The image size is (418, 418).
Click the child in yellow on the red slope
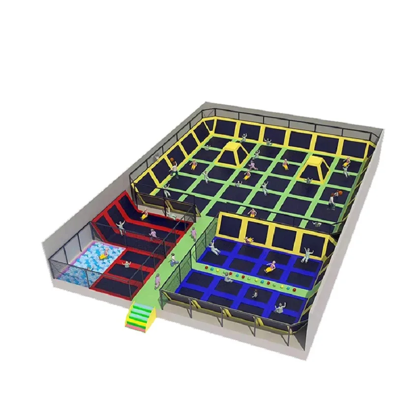click(144, 214)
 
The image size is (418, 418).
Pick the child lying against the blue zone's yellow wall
click(249, 239)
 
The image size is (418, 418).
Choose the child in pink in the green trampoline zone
click(252, 213)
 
